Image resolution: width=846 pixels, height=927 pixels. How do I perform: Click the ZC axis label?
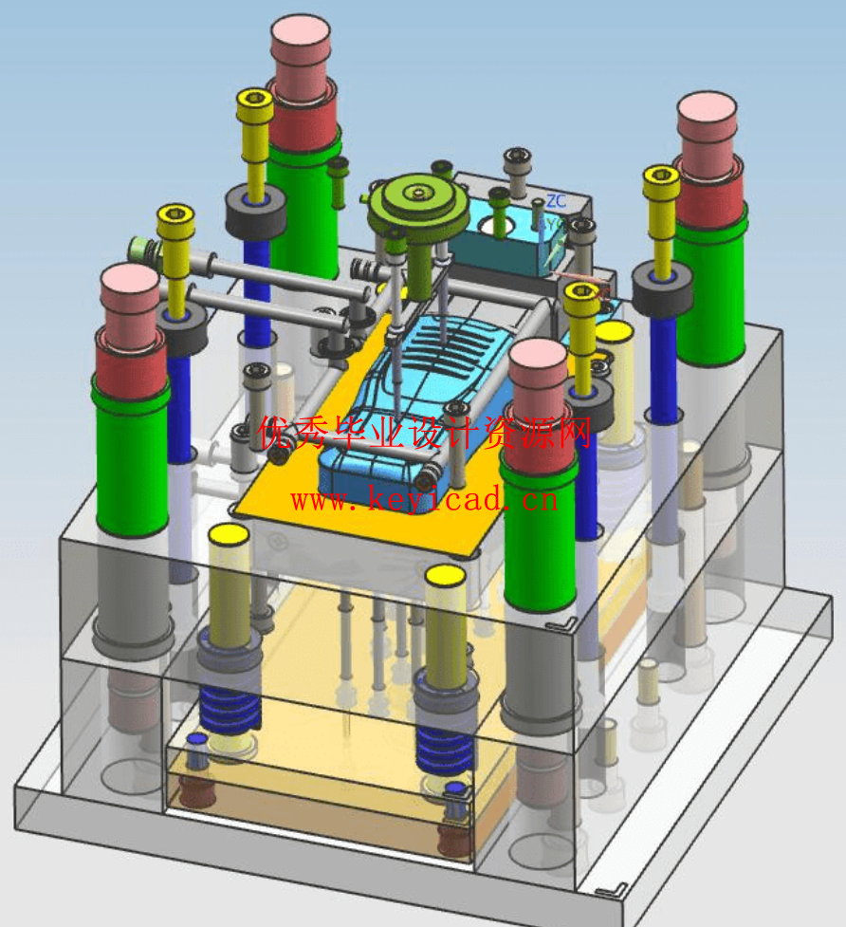coord(556,201)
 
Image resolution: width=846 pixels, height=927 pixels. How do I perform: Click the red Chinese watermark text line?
coord(424,434)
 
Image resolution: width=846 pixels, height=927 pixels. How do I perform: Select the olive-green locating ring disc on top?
coord(418,203)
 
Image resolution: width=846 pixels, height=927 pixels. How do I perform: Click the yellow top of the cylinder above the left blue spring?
coord(229,535)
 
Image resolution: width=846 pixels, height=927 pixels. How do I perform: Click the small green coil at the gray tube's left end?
coord(143,250)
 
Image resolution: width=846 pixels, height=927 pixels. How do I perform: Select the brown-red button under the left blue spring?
coord(197,789)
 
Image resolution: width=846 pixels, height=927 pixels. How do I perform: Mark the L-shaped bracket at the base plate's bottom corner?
coord(613,889)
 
